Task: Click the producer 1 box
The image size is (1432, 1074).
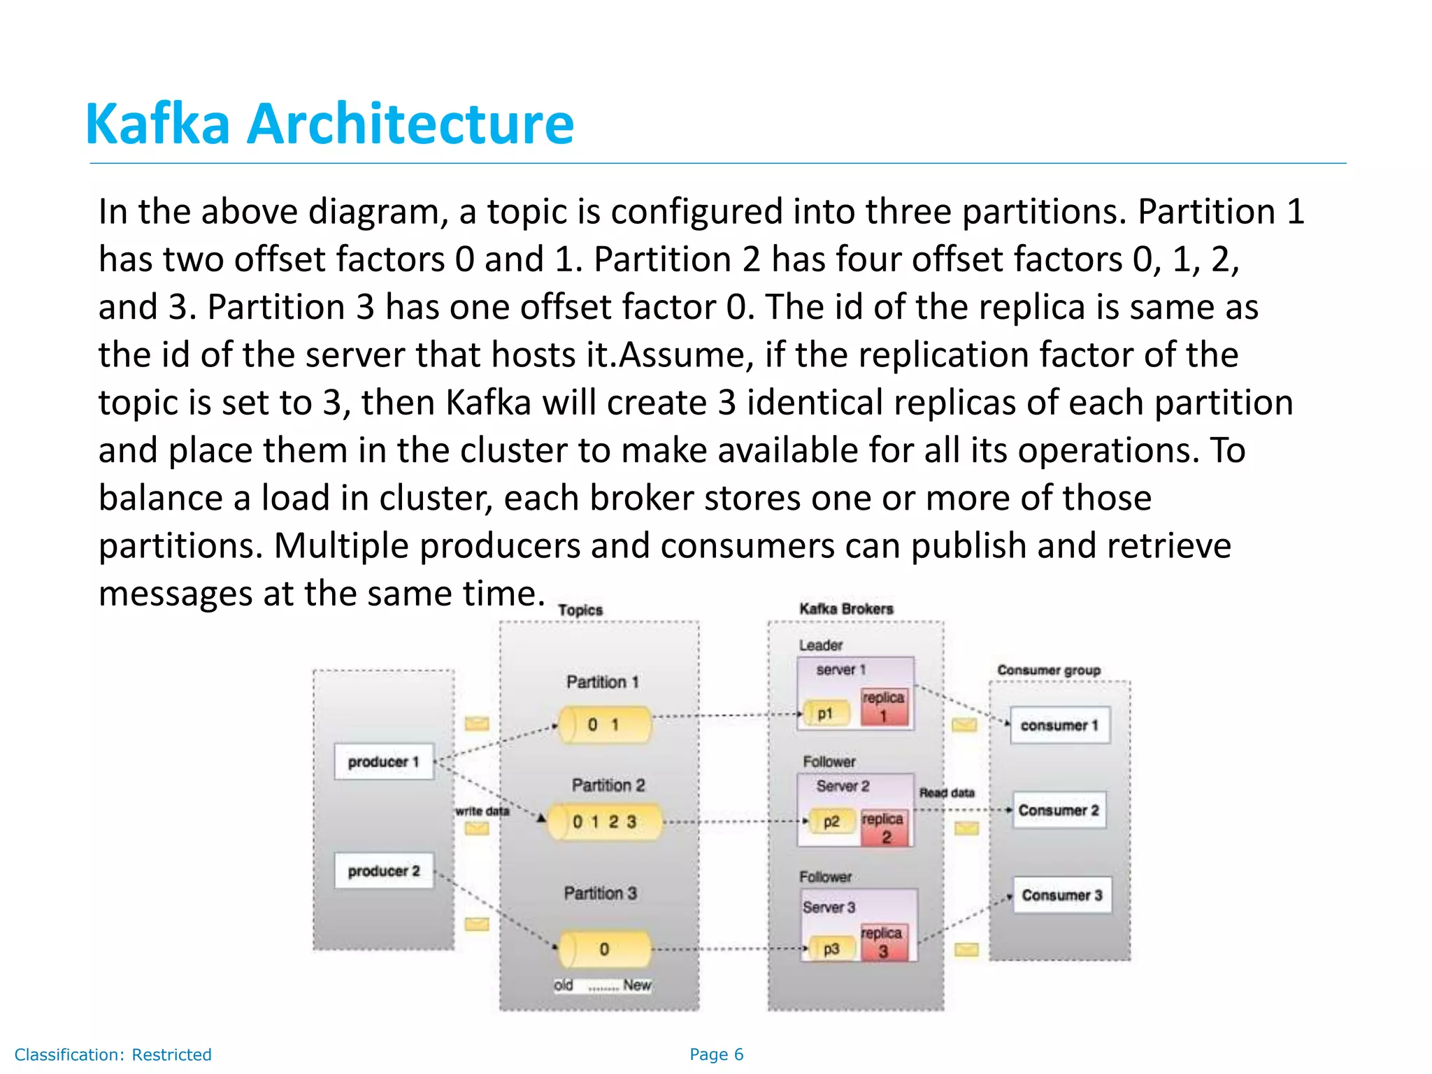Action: [x=384, y=761]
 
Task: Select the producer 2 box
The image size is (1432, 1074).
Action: [x=384, y=871]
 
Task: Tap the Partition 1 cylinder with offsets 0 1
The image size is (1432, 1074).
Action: [x=605, y=724]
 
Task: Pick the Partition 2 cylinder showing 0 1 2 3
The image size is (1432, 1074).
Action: [x=605, y=822]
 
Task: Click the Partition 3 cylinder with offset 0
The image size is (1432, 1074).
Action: [x=605, y=949]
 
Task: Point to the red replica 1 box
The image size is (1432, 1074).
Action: [x=884, y=706]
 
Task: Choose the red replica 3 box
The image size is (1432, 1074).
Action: [x=883, y=942]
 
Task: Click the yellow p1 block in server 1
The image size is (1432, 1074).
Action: [x=826, y=714]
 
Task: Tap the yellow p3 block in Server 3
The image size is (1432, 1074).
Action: [x=831, y=949]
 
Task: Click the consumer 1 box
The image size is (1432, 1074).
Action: [x=1059, y=725]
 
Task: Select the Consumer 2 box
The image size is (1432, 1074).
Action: [x=1059, y=810]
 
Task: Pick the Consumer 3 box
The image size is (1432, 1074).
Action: [x=1061, y=895]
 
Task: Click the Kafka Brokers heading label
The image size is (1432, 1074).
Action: [x=846, y=608]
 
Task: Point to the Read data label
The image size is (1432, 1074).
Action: [x=947, y=792]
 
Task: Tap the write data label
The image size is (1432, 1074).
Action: [x=482, y=811]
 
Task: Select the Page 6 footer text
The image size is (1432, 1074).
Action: [x=716, y=1054]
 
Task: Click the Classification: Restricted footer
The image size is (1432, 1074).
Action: [x=113, y=1054]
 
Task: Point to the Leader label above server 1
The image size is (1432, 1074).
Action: [x=821, y=645]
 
